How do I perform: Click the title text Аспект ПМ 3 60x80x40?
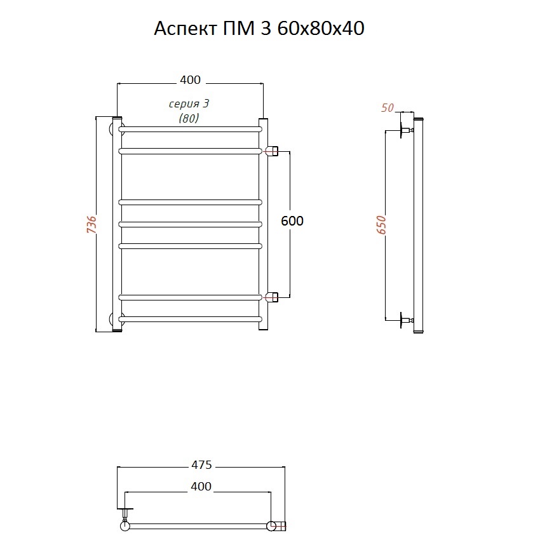(259, 29)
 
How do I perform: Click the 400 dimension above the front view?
(190, 80)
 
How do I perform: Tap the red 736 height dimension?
(91, 225)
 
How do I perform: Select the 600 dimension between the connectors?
(292, 220)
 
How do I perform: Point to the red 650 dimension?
(381, 225)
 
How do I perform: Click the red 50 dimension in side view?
(387, 108)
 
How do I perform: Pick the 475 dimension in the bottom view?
(201, 465)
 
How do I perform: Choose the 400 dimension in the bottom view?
(201, 486)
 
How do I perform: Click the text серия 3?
(189, 104)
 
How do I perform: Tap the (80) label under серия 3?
(189, 118)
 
